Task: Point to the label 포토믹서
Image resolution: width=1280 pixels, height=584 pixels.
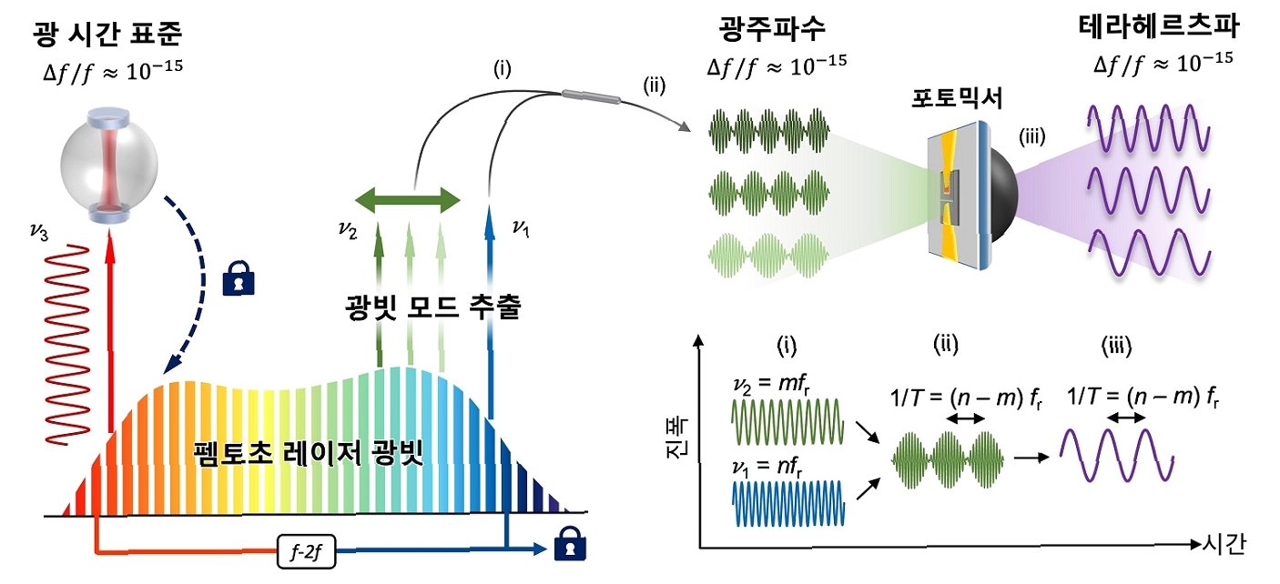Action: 959,99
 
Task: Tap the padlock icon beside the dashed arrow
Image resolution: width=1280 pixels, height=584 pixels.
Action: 239,279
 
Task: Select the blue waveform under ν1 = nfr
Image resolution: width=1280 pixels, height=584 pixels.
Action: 789,505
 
